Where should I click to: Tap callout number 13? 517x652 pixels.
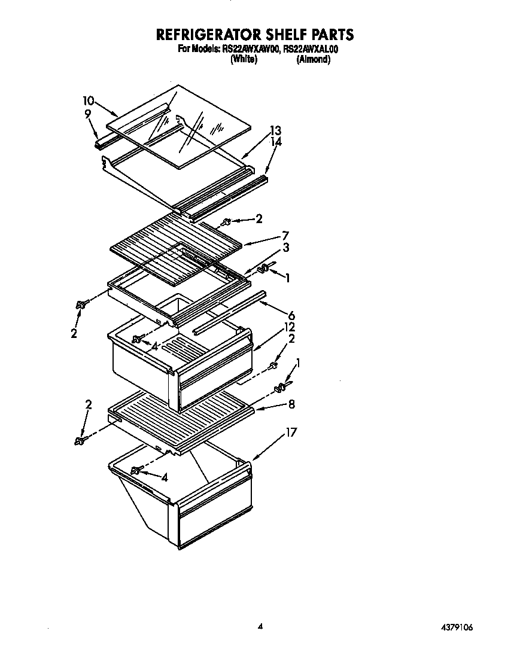click(275, 130)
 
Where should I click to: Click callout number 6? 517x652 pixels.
click(291, 315)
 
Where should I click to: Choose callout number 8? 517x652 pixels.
click(291, 404)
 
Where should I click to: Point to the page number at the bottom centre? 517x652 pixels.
click(260, 627)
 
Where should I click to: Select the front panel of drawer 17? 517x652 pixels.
click(215, 520)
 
